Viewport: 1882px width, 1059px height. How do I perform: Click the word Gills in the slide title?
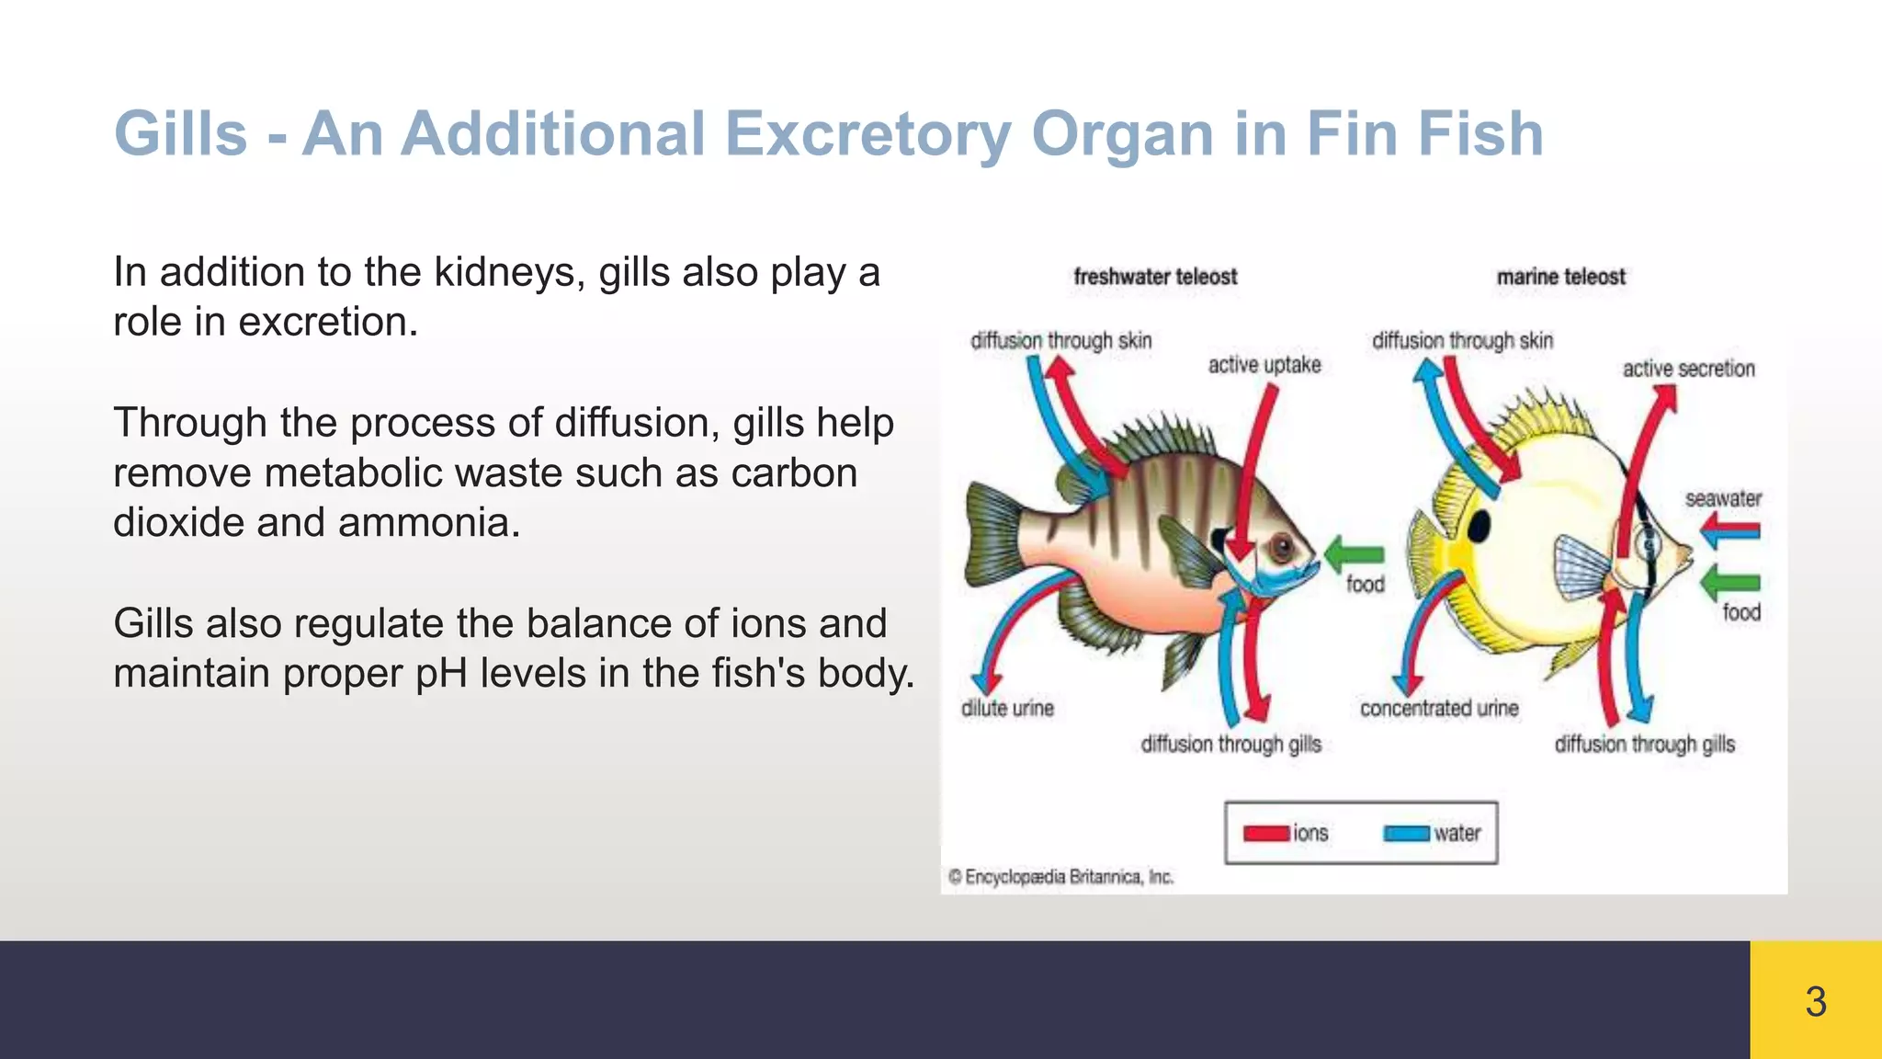tap(181, 134)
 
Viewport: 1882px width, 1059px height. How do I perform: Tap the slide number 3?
tap(1815, 1001)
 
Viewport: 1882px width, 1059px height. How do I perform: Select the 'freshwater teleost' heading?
tap(1155, 277)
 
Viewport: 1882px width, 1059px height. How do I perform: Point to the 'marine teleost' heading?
tap(1560, 277)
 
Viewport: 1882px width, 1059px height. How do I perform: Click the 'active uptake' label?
tap(1264, 365)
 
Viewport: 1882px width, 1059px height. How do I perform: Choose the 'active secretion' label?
tap(1688, 369)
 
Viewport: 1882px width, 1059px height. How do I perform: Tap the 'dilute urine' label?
tap(1007, 708)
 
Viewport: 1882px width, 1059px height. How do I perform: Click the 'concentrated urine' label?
tap(1439, 708)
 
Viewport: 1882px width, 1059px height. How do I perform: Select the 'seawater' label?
tap(1723, 499)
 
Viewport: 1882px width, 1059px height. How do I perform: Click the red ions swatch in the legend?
tap(1265, 834)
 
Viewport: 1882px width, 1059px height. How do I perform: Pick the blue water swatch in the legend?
tap(1406, 834)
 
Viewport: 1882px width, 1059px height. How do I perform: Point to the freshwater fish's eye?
tap(1281, 549)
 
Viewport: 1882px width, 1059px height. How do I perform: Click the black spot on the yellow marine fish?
tap(1478, 527)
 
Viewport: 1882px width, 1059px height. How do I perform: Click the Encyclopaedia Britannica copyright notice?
tap(1060, 877)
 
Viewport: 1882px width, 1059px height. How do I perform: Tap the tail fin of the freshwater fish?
tap(991, 537)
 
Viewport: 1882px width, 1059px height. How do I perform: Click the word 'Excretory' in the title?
tap(867, 134)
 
